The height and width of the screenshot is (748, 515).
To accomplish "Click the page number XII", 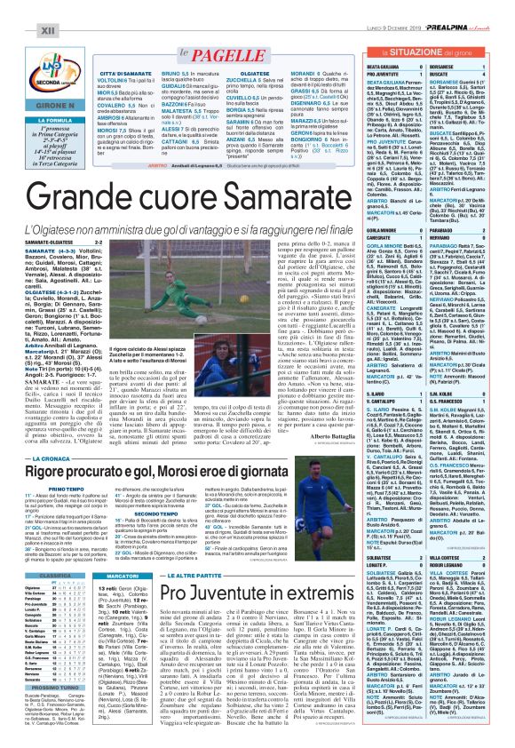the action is [23, 7].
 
